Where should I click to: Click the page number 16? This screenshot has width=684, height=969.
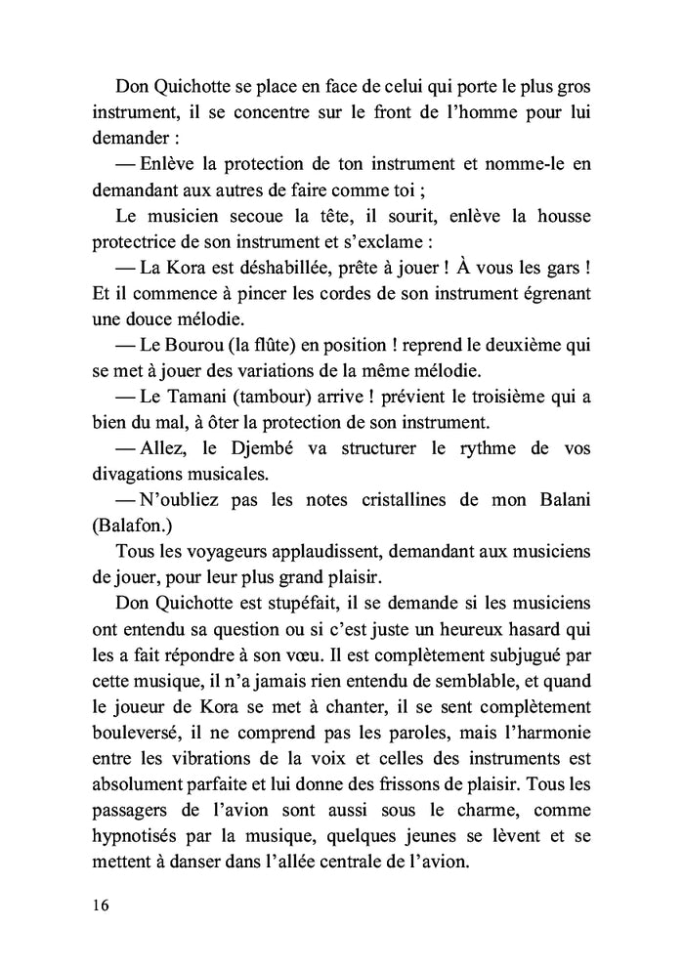(x=101, y=904)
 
